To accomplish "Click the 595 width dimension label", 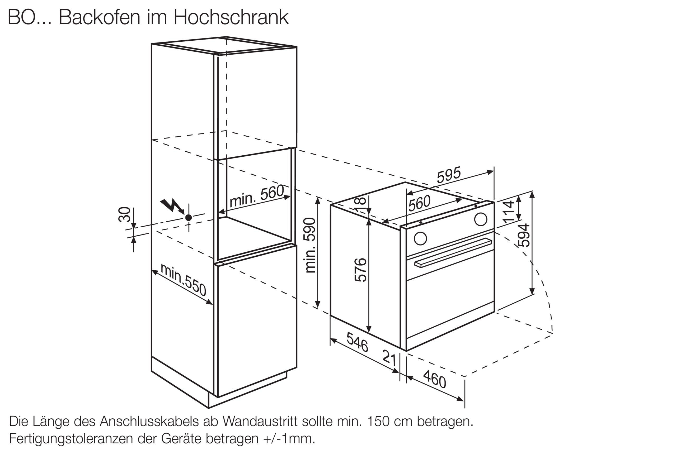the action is tap(448, 175).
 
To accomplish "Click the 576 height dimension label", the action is tap(360, 270).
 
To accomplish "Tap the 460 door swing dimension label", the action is tap(435, 379).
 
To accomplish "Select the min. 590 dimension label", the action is tap(310, 245).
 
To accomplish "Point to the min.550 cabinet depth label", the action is tap(184, 280).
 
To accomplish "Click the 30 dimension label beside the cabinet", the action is tap(124, 214).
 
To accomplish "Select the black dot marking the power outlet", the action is tap(189, 218).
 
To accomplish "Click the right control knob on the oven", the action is tap(481, 219).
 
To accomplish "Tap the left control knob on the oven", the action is tap(420, 238).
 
